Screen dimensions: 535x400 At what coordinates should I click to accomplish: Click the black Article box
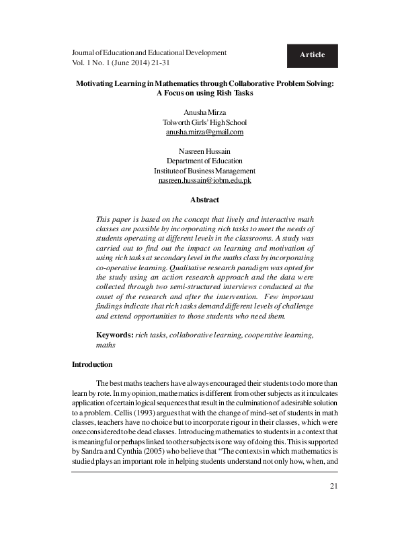click(x=312, y=55)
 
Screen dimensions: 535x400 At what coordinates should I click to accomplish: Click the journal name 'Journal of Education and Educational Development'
click(x=149, y=52)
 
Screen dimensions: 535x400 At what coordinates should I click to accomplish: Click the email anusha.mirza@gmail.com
click(x=204, y=132)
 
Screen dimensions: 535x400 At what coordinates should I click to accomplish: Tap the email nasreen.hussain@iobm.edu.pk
click(x=204, y=181)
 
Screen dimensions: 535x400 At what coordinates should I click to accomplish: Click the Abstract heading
click(x=204, y=200)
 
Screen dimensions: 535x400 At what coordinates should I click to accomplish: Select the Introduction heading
click(x=92, y=364)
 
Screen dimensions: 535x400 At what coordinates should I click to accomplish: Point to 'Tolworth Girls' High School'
click(x=204, y=122)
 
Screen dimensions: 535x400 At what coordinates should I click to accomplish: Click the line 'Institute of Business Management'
click(x=204, y=171)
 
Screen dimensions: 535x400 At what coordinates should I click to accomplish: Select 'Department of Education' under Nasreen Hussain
click(x=204, y=161)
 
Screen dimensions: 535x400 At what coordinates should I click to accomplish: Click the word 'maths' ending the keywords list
click(x=106, y=345)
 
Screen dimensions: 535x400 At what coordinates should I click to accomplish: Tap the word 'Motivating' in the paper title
click(x=96, y=83)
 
